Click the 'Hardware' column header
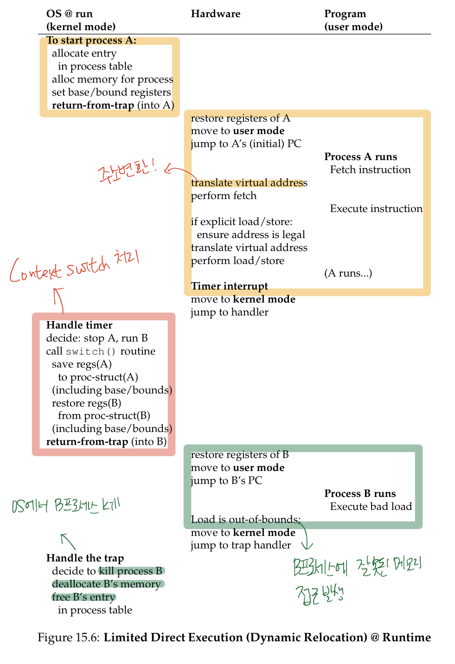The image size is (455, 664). coord(215,14)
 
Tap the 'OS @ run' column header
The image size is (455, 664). coord(70,14)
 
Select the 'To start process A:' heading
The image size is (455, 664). coord(91,40)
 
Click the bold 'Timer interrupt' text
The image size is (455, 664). coord(229,286)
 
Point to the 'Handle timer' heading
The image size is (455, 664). coord(79,325)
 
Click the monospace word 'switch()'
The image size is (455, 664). coord(91,351)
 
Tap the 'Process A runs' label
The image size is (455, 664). coord(360,157)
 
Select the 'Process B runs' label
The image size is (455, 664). coord(360,494)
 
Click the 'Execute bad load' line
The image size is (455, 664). coord(371,507)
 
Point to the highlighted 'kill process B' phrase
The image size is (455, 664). coord(131,571)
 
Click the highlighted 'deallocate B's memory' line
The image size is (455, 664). coord(106,584)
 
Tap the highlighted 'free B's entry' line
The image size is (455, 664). coord(83,597)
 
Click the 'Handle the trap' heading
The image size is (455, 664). coord(85,558)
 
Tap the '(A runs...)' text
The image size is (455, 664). coord(348,273)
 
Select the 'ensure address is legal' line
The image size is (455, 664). coord(250,235)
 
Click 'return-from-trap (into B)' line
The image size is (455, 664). coord(106,442)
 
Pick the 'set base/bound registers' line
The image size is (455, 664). coord(111,92)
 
